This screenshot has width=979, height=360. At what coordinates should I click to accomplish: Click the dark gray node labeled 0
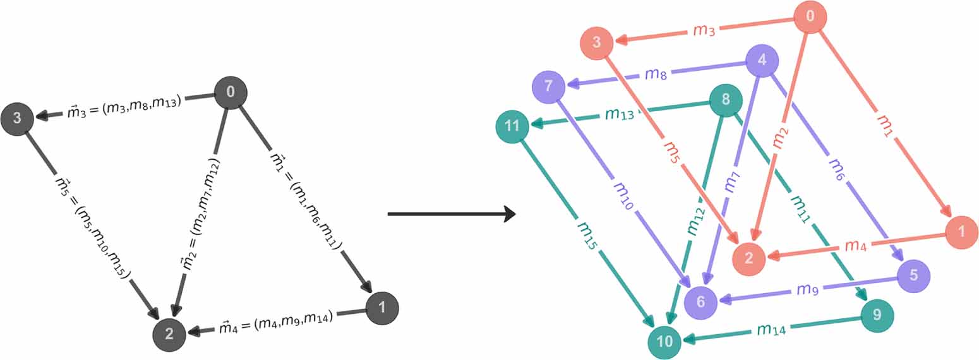pos(231,92)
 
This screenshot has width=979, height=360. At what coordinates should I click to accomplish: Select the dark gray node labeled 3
pos(17,117)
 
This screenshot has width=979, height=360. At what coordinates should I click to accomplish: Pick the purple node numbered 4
pos(762,62)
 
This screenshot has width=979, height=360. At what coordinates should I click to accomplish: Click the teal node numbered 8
pos(725,100)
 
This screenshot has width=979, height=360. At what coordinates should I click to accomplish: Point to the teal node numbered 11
pos(512,126)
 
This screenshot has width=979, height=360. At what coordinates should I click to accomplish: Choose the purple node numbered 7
pos(548,85)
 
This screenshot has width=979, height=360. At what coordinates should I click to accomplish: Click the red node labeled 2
pos(748,258)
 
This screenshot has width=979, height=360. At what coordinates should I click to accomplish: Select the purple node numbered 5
pos(913,276)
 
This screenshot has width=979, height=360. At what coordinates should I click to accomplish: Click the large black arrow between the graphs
pos(451,215)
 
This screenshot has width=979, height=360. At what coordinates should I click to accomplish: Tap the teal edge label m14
pos(772,329)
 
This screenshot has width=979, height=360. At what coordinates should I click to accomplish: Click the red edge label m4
pos(855,245)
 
